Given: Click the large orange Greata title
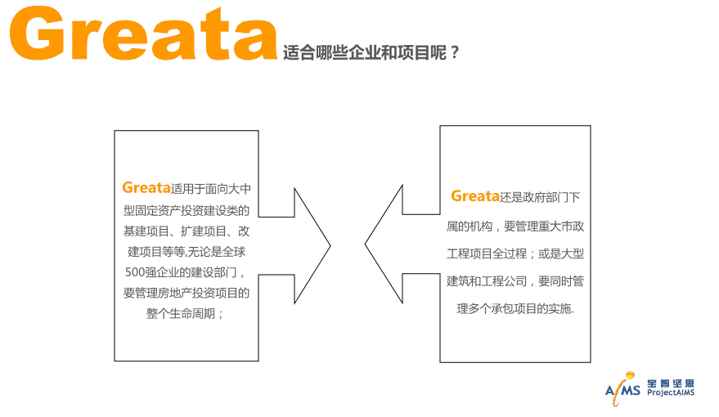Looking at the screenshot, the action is point(143,33).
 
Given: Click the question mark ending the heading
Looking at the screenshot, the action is point(455,52).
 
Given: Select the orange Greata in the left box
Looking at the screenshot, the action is point(146,187).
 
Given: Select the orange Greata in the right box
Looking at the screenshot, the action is point(475,196).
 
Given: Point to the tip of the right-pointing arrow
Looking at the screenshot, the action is point(330,245).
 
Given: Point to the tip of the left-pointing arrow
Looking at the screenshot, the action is point(366,244).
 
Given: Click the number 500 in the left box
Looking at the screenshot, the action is point(135,272).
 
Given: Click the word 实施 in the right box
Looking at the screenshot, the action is point(559,308).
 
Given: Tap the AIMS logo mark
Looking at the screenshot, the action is point(622,389).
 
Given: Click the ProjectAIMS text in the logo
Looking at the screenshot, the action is point(671,392).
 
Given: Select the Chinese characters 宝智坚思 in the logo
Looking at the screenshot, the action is point(671,383).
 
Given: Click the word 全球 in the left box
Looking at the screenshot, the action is point(234,252).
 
